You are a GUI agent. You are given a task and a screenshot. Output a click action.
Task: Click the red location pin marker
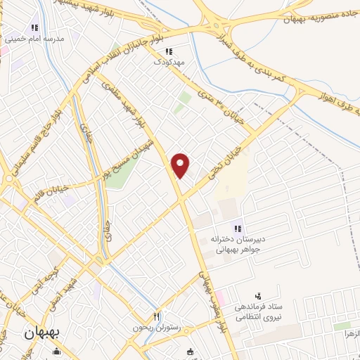pos(181,165)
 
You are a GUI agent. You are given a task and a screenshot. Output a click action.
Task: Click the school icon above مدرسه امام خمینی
pos(11,29)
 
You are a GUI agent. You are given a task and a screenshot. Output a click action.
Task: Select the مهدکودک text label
pos(169,62)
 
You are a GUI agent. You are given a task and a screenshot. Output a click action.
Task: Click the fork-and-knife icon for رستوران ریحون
pos(157,317)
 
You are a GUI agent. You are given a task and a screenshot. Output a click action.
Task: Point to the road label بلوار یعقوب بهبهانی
pos(210,302)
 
